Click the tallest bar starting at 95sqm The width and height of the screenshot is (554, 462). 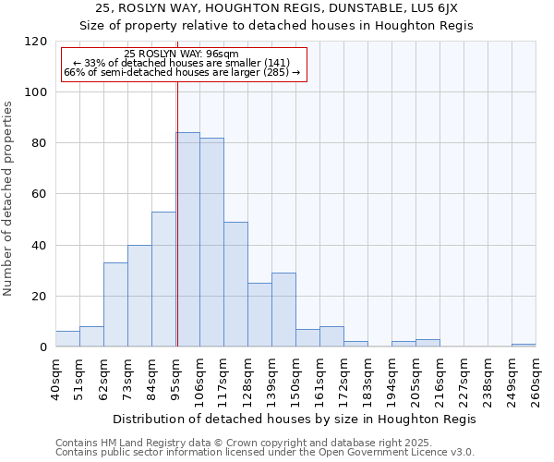(x=187, y=240)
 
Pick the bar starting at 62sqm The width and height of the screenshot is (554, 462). (x=115, y=305)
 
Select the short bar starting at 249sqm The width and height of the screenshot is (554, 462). (x=524, y=346)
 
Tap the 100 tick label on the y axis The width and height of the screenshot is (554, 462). (x=36, y=92)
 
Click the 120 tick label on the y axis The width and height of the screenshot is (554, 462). (x=36, y=42)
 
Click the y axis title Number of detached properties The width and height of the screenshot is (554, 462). (x=9, y=199)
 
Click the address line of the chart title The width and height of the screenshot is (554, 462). (x=276, y=8)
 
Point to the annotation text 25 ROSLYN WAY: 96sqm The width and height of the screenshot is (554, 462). (x=181, y=54)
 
